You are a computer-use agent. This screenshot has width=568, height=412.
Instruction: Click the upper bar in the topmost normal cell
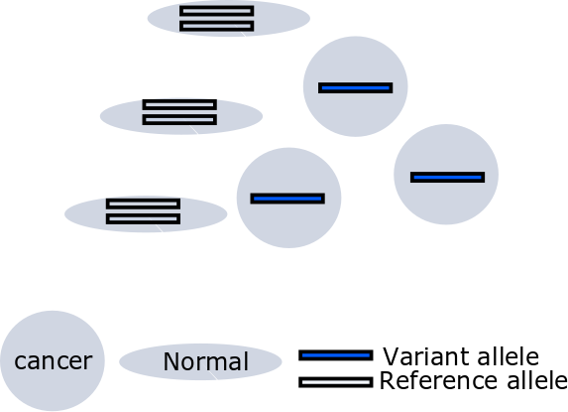tap(217, 11)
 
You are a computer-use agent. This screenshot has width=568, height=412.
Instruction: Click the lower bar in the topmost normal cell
tap(217, 26)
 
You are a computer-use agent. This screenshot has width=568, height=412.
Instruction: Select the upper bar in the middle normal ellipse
tap(179, 105)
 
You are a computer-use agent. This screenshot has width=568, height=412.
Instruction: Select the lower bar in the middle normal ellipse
tap(179, 120)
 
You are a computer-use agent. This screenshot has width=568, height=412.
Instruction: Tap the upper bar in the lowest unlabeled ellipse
tap(143, 204)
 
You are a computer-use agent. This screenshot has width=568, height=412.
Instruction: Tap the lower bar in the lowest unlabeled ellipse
tap(143, 218)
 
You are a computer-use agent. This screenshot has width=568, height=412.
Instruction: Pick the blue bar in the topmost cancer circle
tap(355, 87)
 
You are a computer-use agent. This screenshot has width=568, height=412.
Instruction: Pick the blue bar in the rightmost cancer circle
tap(447, 177)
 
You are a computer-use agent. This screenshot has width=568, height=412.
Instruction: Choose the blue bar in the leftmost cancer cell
tap(287, 199)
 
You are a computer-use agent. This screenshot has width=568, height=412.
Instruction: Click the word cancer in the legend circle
tap(54, 361)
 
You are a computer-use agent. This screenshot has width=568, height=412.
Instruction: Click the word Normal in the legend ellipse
tap(206, 361)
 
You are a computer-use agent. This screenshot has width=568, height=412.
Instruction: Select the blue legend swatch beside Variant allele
tap(336, 355)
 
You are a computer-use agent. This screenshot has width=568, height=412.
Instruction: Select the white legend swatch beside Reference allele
tap(336, 382)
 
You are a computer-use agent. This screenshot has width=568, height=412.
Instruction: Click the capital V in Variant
tap(392, 356)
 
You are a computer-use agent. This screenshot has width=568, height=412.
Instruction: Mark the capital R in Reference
tap(388, 381)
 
